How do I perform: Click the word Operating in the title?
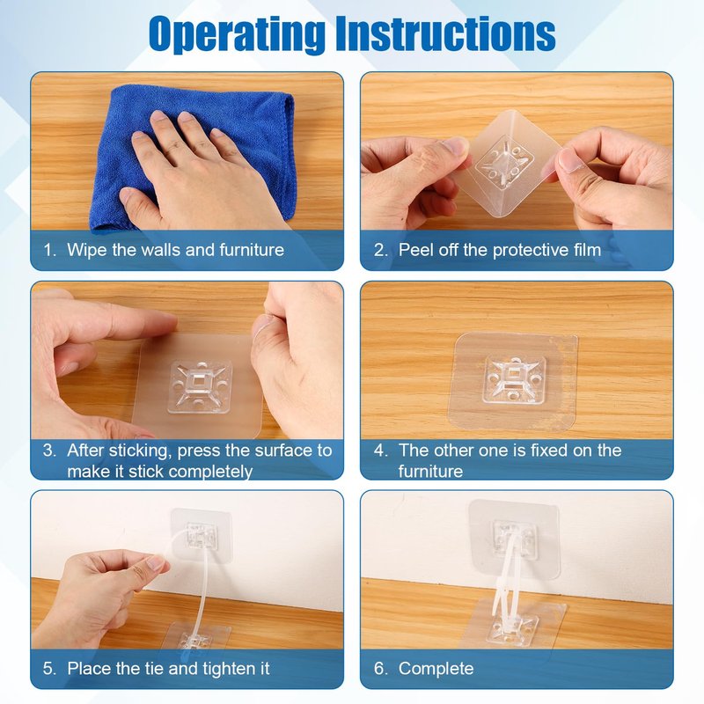point(238,34)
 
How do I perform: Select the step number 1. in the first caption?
point(49,250)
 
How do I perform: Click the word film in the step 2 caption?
point(587,250)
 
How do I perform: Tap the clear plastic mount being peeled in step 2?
point(510,164)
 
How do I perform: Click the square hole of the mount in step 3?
point(197,383)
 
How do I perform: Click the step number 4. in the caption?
point(380,451)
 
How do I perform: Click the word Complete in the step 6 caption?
point(436,669)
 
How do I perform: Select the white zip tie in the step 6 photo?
point(508,579)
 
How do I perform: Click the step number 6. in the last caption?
point(380,669)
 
